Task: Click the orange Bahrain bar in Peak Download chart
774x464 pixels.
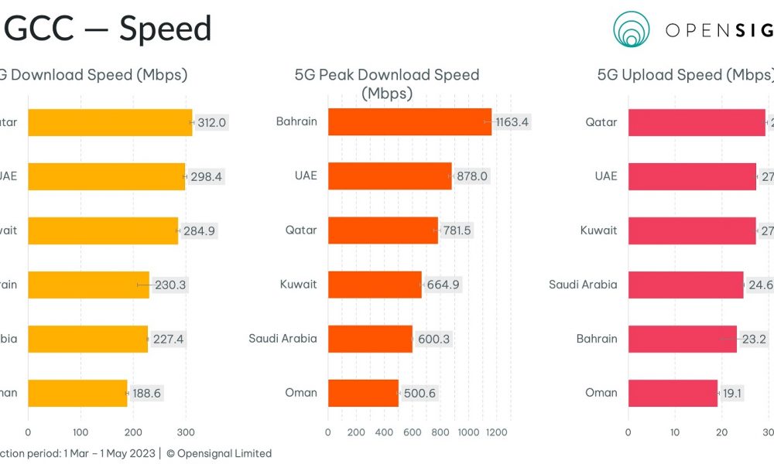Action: [409, 121]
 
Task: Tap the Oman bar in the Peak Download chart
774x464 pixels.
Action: [363, 393]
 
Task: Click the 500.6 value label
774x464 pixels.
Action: [420, 393]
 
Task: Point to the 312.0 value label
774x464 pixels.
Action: [211, 122]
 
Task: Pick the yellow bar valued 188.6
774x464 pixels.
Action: [77, 393]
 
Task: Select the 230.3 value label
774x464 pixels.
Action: [170, 285]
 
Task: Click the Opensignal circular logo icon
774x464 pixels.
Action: [632, 29]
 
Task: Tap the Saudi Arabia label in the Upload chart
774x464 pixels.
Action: [583, 285]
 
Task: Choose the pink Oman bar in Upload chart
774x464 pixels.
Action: [673, 393]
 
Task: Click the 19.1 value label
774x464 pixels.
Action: [732, 393]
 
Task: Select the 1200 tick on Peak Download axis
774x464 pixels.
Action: [496, 432]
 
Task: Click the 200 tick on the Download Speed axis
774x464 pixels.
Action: [133, 432]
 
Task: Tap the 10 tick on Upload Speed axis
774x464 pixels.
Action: [675, 432]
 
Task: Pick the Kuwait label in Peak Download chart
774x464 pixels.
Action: [298, 285]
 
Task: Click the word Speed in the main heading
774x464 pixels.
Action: [165, 29]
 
